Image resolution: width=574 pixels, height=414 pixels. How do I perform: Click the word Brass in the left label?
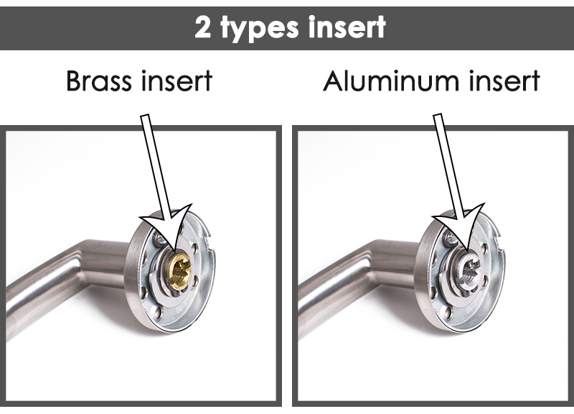(99, 81)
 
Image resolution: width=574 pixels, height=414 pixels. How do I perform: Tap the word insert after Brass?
(177, 81)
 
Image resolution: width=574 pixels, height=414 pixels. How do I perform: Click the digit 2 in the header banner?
(202, 27)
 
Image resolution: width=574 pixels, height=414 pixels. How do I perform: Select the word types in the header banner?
(260, 29)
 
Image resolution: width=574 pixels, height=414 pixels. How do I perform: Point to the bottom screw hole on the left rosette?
(157, 312)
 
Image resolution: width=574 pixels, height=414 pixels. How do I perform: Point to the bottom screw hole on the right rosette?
(447, 313)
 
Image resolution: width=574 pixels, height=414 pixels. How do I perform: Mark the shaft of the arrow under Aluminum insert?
(448, 165)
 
